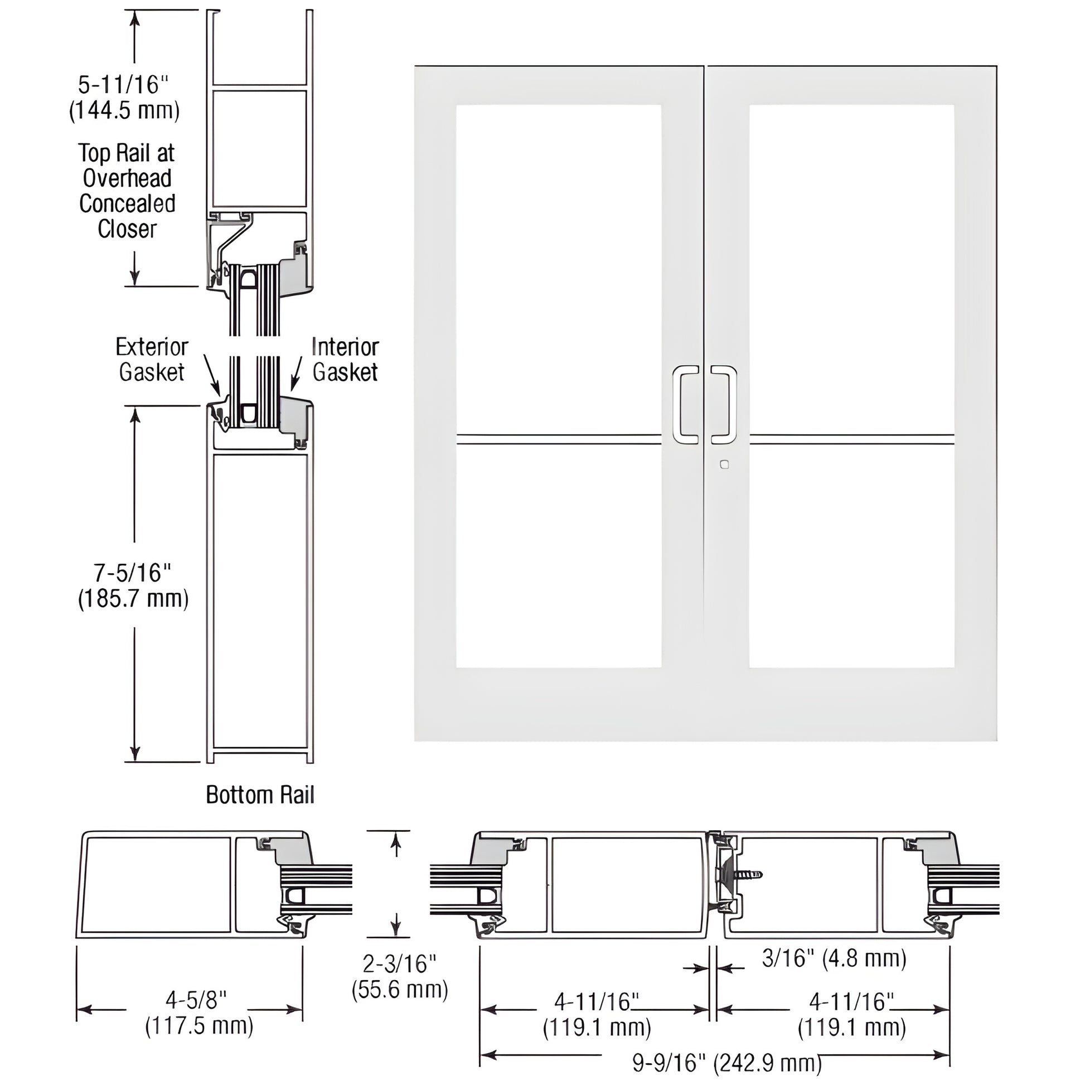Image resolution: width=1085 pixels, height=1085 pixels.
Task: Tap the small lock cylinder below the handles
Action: [x=724, y=464]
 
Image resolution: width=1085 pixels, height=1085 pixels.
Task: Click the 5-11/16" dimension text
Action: [x=123, y=85]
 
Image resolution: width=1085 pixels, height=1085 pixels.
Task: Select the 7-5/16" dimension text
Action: [x=132, y=573]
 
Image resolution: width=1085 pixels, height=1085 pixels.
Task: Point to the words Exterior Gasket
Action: [x=152, y=360]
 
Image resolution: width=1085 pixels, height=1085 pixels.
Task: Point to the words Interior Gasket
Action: [x=345, y=360]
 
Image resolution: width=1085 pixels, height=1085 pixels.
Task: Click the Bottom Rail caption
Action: [x=260, y=795]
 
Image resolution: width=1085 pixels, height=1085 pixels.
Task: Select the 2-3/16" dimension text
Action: [x=399, y=964]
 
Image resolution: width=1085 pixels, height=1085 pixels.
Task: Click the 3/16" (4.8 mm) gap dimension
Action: [x=834, y=958]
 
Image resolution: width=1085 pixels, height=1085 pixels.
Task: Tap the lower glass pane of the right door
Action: [x=851, y=556]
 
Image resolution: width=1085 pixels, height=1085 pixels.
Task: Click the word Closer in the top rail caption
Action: [x=127, y=229]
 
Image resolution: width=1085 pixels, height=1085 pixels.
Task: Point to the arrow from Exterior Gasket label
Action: [x=212, y=375]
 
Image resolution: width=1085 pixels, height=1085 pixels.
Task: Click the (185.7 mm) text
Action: [x=133, y=599]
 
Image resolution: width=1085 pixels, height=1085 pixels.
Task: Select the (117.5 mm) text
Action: [x=200, y=1026]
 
